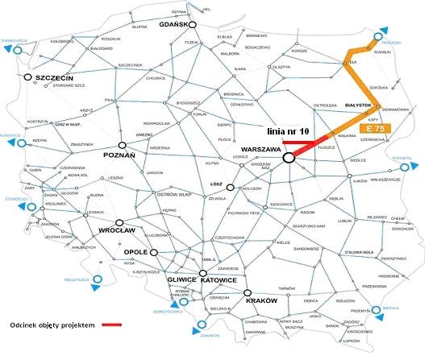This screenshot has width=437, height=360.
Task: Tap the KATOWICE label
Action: tap(217, 280)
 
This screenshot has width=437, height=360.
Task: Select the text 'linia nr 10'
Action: tap(287, 130)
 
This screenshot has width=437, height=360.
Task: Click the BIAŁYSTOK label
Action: tap(358, 105)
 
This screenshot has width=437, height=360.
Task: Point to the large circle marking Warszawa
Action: tap(288, 158)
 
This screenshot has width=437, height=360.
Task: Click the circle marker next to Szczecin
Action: tap(28, 77)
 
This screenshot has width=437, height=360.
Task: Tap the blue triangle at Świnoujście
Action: tap(9, 48)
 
